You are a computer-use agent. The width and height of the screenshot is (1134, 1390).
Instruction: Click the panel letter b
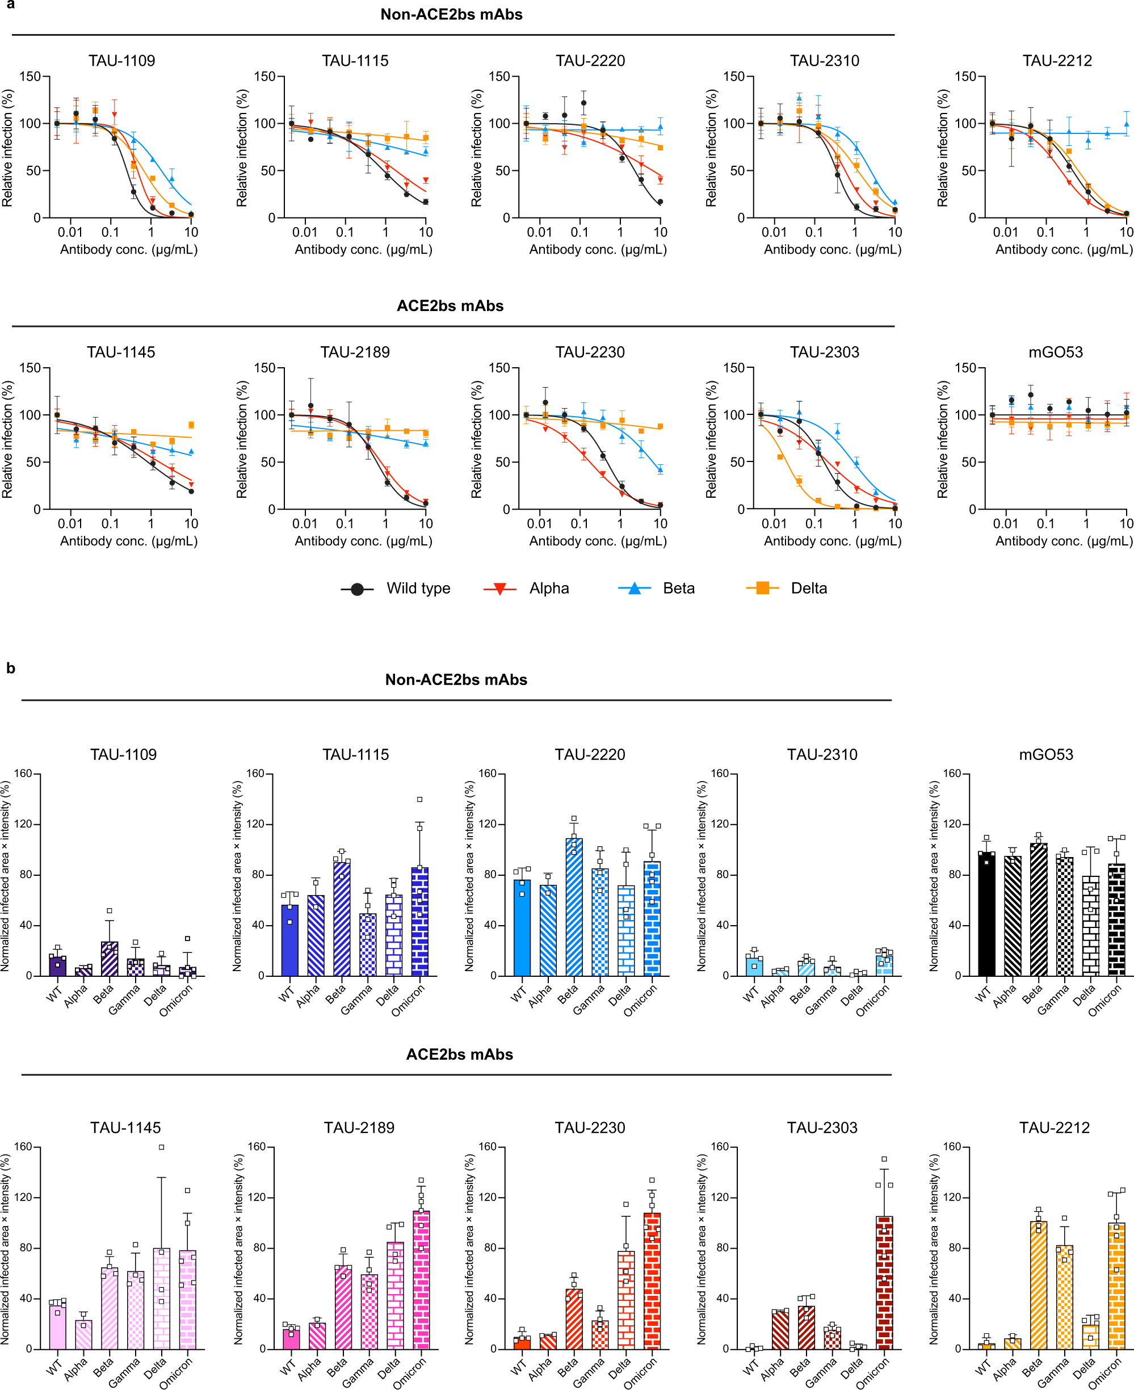pos(10,668)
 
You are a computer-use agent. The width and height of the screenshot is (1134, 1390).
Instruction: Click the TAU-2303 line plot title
pos(824,352)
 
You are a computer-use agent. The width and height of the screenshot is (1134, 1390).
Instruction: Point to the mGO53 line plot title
pos(1056,352)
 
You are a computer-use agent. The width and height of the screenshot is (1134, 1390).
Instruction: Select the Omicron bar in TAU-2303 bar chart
pos(884,1283)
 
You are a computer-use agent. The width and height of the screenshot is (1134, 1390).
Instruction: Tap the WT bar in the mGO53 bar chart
pos(986,914)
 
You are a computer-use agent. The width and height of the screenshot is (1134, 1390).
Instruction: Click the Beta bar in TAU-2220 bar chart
pos(574,908)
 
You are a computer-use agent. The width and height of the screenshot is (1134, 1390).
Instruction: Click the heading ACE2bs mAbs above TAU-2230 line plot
pos(450,306)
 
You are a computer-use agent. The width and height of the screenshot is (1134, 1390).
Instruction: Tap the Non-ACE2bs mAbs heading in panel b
pos(456,679)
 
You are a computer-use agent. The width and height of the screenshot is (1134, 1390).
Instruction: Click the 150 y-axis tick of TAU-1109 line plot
pos(30,77)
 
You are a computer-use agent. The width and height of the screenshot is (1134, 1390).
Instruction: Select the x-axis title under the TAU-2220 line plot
pos(598,250)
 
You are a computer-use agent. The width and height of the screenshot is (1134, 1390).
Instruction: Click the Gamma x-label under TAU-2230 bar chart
pos(589,1372)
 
